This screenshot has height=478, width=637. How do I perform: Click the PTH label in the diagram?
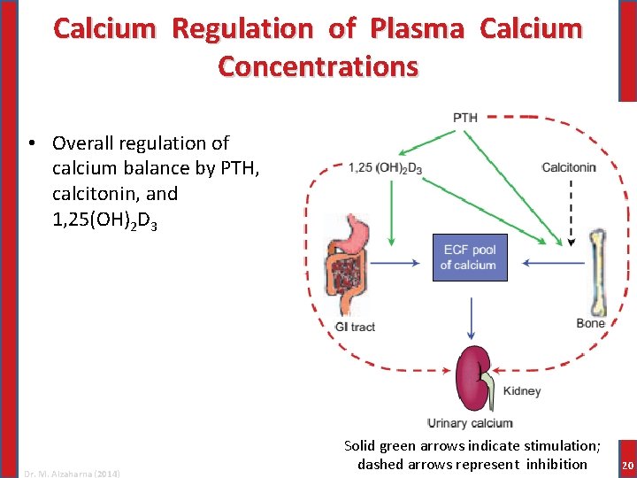[x=465, y=118]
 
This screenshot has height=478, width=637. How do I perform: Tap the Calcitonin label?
[x=569, y=167]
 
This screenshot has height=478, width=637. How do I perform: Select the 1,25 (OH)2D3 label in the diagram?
[x=385, y=168]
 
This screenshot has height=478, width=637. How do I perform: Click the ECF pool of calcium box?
[x=470, y=258]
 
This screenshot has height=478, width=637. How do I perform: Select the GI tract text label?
[x=355, y=327]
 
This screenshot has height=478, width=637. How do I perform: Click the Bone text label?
[x=591, y=324]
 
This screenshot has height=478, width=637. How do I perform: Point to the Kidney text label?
[x=522, y=391]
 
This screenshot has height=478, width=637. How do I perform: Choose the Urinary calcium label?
[x=470, y=424]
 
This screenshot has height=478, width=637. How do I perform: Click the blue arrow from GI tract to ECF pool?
[x=398, y=262]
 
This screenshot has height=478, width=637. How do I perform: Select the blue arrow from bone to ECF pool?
[x=553, y=262]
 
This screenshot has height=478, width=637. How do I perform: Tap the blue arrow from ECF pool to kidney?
[x=471, y=316]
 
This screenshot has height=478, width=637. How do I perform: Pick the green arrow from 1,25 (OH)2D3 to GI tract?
[x=390, y=213]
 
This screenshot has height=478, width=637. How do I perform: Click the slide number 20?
[x=627, y=466]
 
